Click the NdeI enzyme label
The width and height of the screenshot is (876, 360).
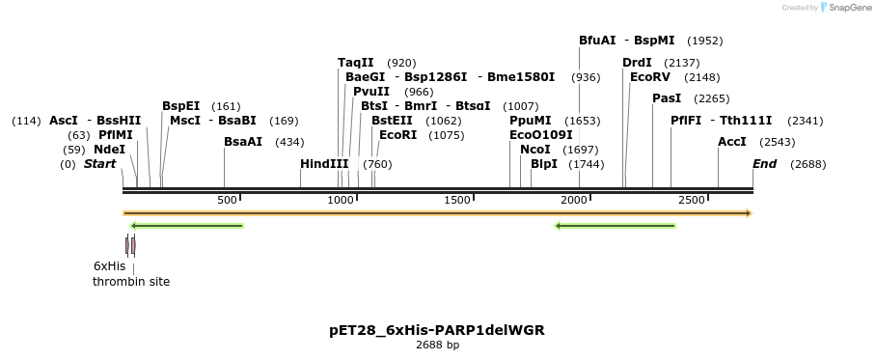(109, 150)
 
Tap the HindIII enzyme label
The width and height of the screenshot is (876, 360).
(324, 164)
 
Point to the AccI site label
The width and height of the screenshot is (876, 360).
(732, 142)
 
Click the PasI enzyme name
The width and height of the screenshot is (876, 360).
(667, 98)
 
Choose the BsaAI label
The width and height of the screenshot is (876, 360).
(243, 142)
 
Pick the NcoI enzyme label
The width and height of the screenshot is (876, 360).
(535, 150)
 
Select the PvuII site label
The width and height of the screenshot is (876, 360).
(371, 92)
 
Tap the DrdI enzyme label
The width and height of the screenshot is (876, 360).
(637, 63)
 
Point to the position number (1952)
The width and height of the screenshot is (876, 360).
(704, 41)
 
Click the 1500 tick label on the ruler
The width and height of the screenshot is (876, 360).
(457, 200)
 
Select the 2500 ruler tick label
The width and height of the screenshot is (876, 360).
(692, 200)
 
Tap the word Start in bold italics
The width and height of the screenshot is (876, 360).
(99, 164)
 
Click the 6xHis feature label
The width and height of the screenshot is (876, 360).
(109, 265)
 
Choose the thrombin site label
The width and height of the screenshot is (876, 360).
(131, 282)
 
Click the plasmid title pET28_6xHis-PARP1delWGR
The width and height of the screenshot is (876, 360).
(437, 330)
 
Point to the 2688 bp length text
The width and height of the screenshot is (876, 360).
(437, 345)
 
